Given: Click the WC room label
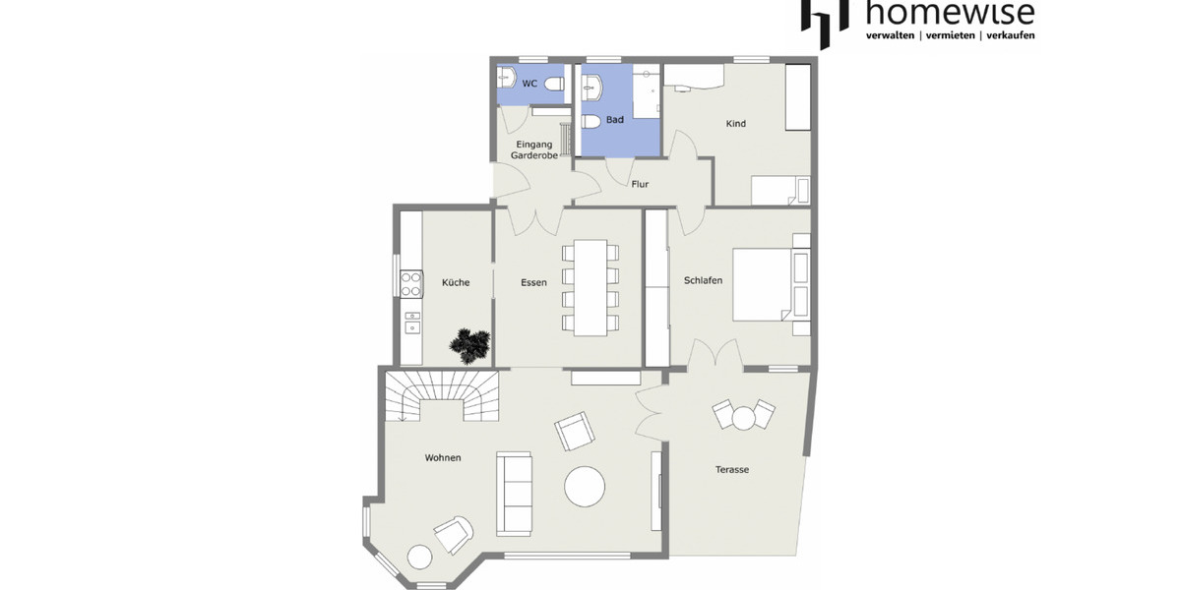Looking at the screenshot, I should click(529, 84).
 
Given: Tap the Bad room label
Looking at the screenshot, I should click(615, 120).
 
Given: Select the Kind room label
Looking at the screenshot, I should click(736, 124).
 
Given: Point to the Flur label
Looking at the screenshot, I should click(640, 184).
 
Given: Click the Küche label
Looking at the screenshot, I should click(456, 282).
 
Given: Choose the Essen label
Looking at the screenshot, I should click(534, 282).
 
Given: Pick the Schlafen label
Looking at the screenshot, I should click(703, 280).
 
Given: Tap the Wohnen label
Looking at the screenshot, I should click(443, 458).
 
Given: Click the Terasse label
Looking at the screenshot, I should click(732, 470).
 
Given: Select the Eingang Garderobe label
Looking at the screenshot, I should click(534, 150).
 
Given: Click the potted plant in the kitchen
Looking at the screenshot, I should click(470, 344).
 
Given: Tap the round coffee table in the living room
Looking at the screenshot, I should click(585, 486).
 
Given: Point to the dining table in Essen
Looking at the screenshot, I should click(591, 286).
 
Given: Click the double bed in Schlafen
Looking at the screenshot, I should click(768, 285).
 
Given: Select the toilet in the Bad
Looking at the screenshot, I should click(591, 123).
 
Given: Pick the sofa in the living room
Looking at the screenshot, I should click(514, 493).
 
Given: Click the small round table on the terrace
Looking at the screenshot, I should click(743, 418).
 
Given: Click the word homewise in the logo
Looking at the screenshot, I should click(950, 13).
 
